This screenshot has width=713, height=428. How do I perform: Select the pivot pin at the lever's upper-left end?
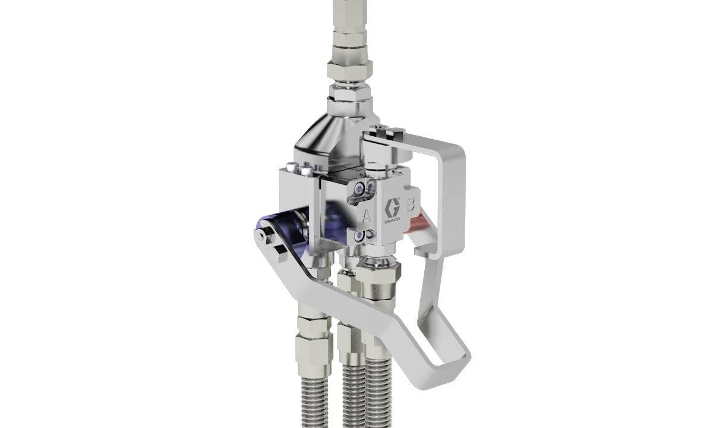(260, 235)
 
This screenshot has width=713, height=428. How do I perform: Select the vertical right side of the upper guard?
(457, 196)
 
